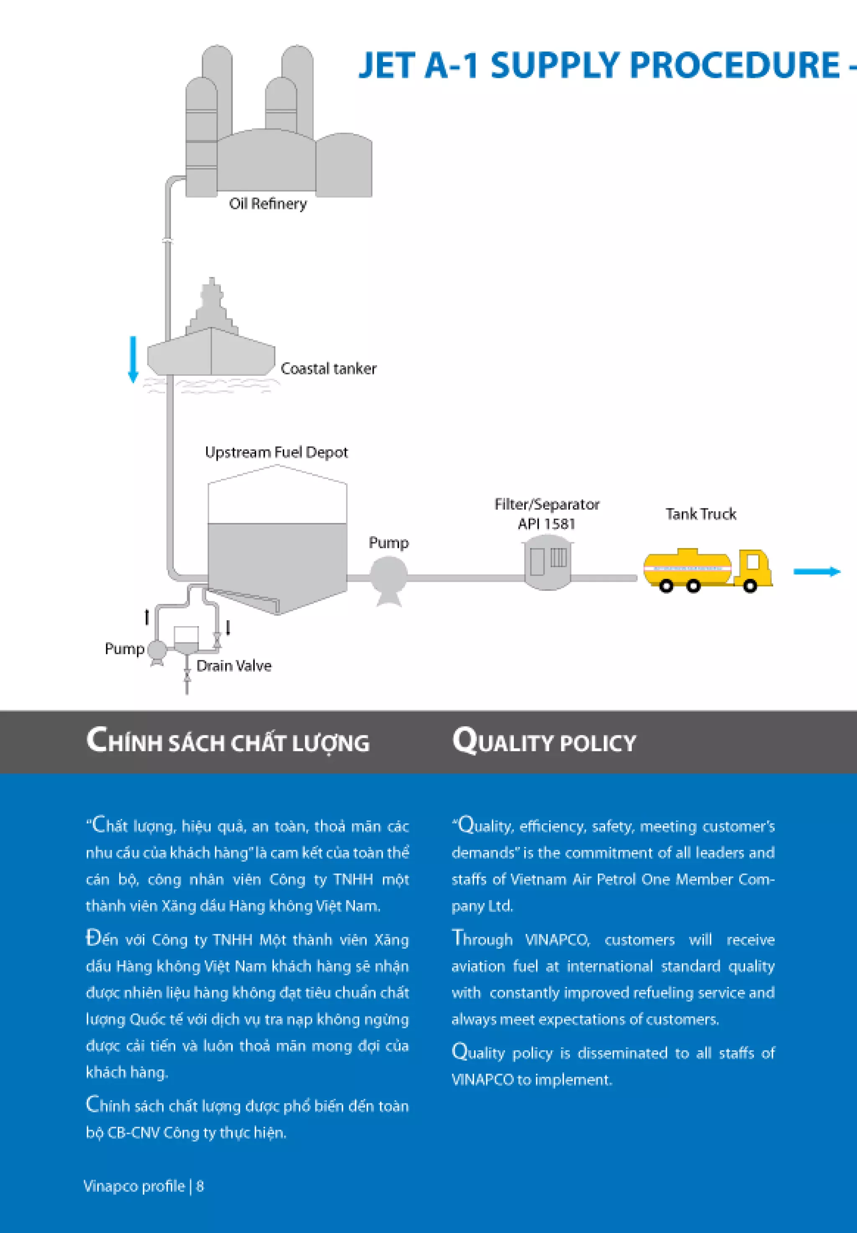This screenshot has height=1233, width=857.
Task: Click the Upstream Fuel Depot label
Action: click(276, 452)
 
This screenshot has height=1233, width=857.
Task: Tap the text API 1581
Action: click(546, 524)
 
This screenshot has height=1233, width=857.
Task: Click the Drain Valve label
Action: click(233, 666)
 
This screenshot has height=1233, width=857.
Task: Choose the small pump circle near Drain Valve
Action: click(157, 650)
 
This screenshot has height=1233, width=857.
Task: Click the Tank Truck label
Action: click(701, 514)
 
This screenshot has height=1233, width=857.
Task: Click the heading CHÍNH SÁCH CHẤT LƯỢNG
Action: click(228, 741)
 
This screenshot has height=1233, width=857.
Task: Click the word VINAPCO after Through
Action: click(557, 940)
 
